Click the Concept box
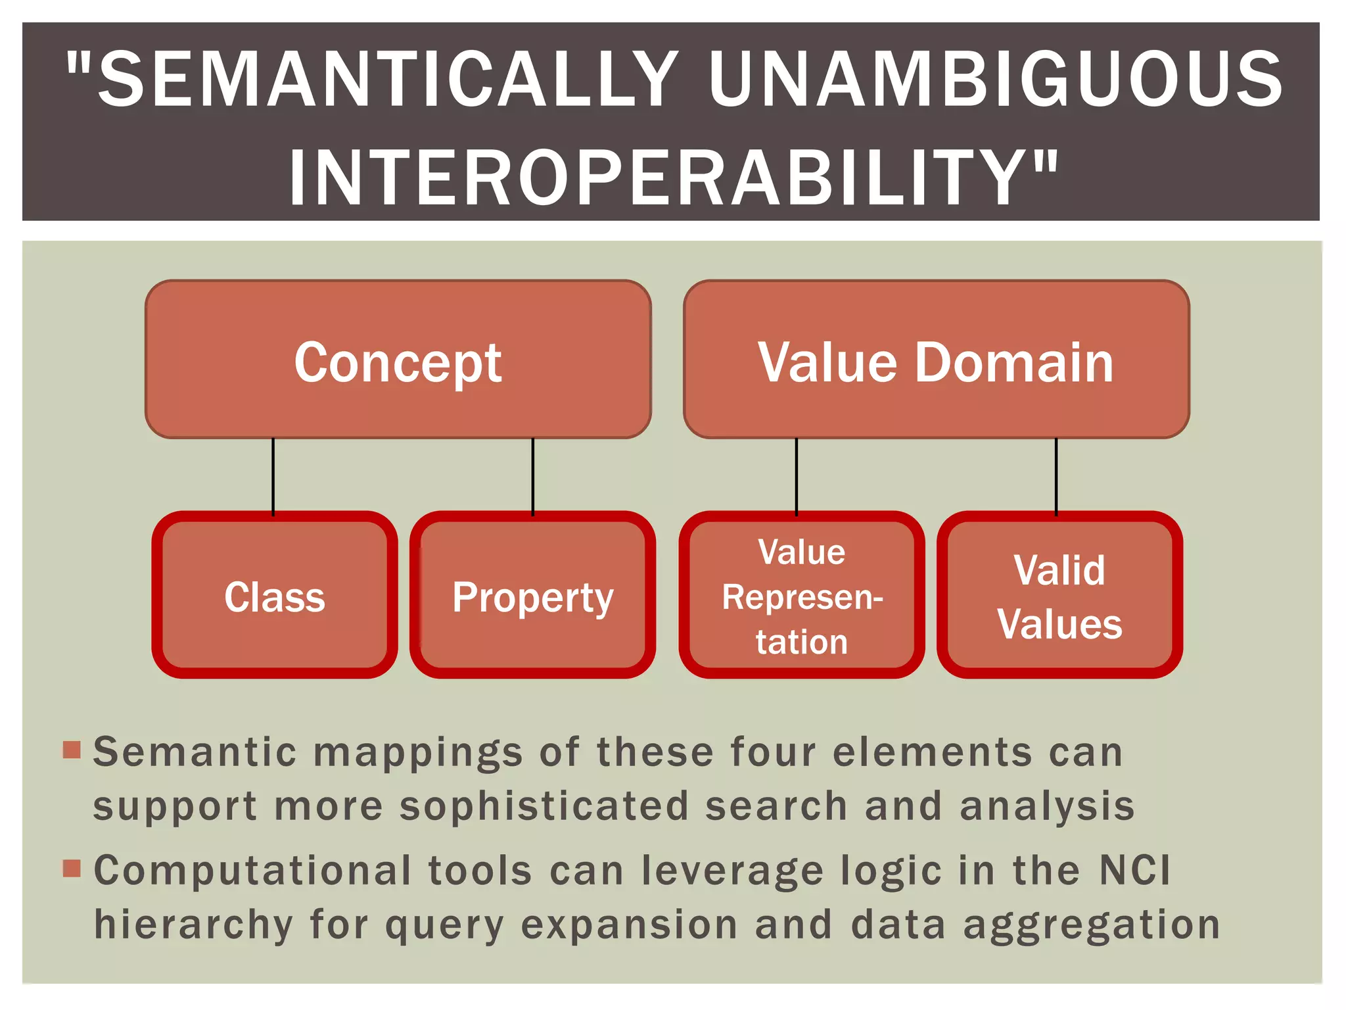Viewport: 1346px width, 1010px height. pos(398,360)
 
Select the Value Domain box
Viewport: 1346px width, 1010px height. pos(936,360)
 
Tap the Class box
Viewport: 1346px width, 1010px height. pos(275,595)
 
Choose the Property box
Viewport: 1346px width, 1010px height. pos(532,595)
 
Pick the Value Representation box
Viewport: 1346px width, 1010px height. pos(801,595)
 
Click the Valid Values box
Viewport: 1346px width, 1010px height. pos(1059,595)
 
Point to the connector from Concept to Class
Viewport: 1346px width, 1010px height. pos(273,475)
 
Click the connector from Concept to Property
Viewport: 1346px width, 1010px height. pos(533,475)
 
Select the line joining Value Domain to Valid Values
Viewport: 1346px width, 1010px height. pos(1056,475)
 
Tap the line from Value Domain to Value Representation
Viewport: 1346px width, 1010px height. pos(797,475)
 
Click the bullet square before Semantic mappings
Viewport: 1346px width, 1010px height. pos(72,750)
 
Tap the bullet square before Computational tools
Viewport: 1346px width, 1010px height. pos(72,869)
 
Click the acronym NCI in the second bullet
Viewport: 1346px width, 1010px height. pos(1135,871)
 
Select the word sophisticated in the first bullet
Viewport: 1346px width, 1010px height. pos(544,806)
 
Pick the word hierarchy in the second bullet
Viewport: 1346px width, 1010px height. pos(193,925)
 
